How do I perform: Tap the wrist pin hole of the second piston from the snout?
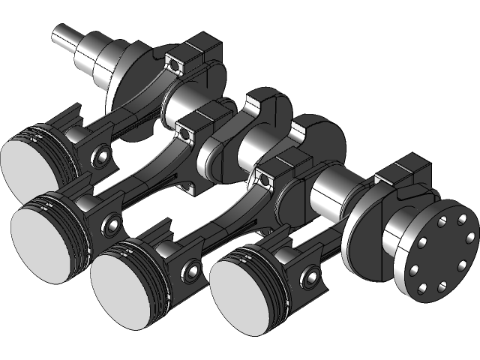[x=112, y=224]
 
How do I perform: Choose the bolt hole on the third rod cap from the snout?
[x=263, y=178]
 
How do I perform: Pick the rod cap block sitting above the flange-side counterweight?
[x=405, y=176]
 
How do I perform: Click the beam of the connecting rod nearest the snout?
[x=127, y=112]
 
